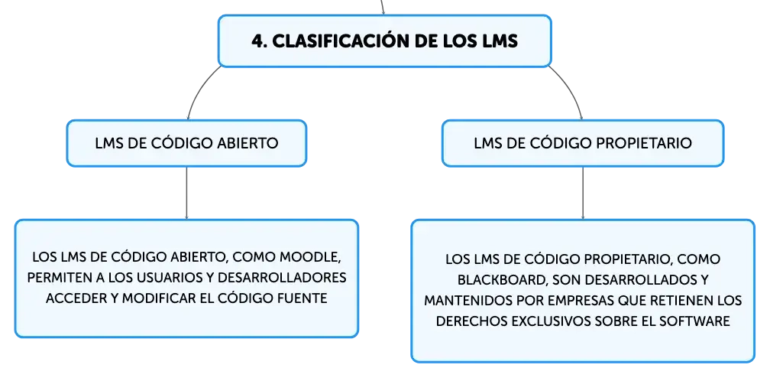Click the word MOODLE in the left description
313,257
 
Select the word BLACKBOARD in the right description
500,279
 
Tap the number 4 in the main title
257,41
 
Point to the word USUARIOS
167,278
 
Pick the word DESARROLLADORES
281,278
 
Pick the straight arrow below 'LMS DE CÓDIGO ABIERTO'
186,193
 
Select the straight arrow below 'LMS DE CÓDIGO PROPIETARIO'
583,193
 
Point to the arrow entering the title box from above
383,7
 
